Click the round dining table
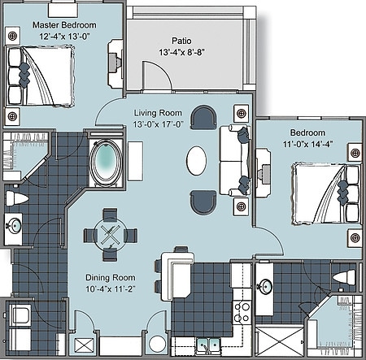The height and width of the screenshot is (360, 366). (x=108, y=234)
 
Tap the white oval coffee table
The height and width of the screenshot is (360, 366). (x=196, y=159)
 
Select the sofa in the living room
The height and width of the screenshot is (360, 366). (x=233, y=159)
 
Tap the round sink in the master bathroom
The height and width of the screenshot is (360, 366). (x=14, y=227)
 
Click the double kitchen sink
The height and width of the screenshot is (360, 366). (x=204, y=345)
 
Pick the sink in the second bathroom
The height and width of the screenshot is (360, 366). (x=266, y=286)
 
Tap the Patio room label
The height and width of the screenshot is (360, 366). (x=181, y=40)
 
